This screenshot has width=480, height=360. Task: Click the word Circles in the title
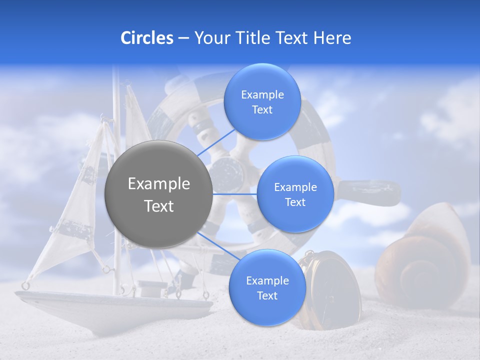click(146, 38)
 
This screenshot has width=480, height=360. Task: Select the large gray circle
click(158, 194)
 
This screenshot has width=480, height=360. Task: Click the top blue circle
click(262, 102)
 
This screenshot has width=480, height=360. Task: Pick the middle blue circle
click(295, 194)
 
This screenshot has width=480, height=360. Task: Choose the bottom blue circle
click(267, 288)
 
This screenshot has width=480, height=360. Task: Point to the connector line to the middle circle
click(234, 194)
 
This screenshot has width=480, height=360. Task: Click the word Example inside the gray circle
click(159, 184)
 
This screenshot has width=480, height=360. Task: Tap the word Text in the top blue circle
click(262, 110)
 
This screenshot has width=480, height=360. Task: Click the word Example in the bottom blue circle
click(267, 280)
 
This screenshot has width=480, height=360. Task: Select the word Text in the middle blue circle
click(295, 202)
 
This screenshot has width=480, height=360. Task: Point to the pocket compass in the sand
click(327, 290)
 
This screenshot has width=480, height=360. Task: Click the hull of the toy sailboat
click(110, 305)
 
